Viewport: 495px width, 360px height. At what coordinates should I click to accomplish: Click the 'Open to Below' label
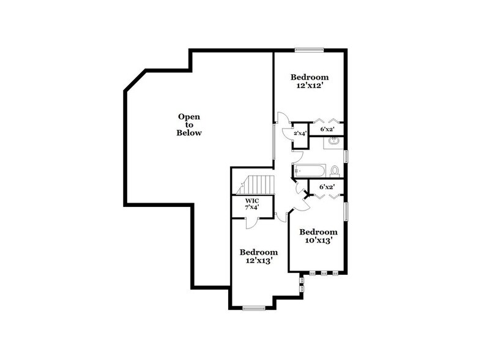tap(189, 124)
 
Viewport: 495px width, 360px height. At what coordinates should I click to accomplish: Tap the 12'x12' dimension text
tap(310, 86)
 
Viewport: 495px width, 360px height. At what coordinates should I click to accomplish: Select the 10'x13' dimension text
tap(318, 241)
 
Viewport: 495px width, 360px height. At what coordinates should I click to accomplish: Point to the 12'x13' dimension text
tap(258, 261)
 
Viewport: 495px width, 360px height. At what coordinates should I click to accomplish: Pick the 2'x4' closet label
tap(300, 133)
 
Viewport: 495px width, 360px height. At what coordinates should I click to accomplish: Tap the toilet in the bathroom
tap(334, 170)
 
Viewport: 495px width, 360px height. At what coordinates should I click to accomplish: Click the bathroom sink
tap(333, 142)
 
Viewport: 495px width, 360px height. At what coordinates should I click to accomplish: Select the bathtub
tap(306, 170)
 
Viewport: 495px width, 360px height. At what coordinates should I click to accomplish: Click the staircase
tap(257, 184)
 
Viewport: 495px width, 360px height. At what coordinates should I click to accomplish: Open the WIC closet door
tap(251, 222)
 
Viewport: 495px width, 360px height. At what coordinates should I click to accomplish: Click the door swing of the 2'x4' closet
tap(283, 119)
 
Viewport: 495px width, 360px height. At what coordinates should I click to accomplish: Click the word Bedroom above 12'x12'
tap(310, 77)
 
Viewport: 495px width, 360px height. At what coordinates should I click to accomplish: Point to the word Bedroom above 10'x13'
tap(318, 232)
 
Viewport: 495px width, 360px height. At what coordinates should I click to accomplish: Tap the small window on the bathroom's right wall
tap(346, 156)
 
